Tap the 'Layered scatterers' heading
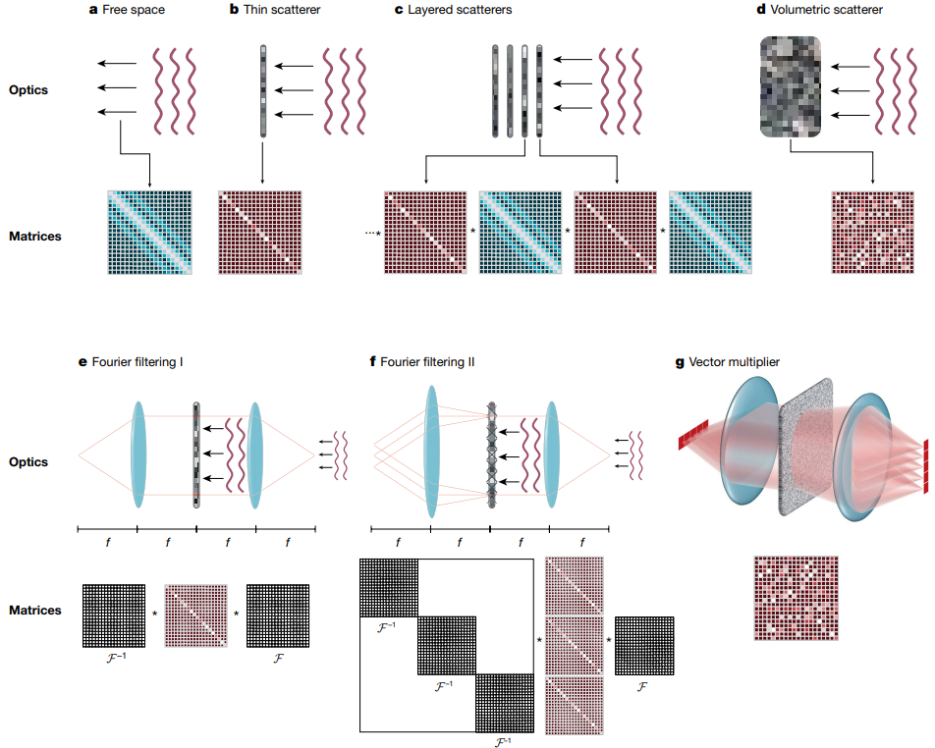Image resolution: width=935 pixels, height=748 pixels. click(451, 11)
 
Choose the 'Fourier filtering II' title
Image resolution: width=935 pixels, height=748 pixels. click(427, 362)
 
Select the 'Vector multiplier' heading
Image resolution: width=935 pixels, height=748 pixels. click(733, 362)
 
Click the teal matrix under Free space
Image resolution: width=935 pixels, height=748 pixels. click(150, 233)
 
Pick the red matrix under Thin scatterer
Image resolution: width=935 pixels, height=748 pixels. click(259, 233)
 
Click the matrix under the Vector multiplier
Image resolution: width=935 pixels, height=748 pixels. click(796, 597)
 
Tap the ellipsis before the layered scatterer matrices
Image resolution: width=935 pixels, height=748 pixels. click(370, 233)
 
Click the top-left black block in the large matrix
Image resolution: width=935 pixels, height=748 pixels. click(390, 588)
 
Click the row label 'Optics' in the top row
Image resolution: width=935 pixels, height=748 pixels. click(28, 90)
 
